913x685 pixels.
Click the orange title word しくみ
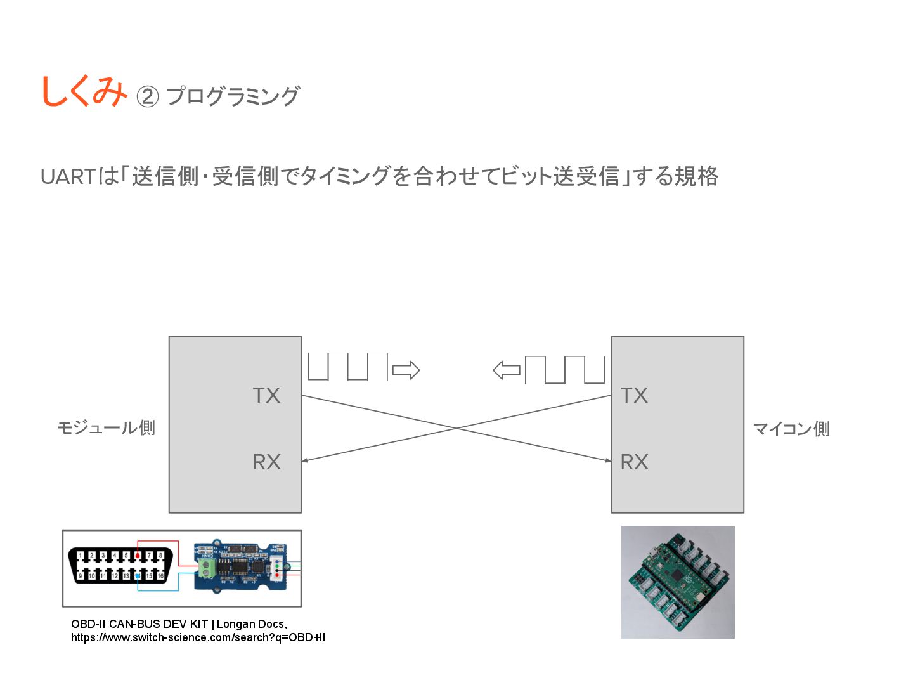(84, 91)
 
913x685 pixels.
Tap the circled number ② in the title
(147, 96)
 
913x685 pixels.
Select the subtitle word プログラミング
(232, 96)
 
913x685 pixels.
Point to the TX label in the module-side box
(266, 395)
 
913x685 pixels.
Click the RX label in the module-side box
(266, 462)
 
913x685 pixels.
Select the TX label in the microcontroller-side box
(634, 395)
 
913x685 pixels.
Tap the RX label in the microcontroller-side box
(634, 462)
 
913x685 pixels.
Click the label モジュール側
(106, 427)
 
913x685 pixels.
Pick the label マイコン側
(791, 429)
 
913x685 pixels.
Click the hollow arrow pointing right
(406, 370)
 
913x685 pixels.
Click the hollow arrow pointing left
(507, 370)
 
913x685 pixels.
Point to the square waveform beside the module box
(347, 367)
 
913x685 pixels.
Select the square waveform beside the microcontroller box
(565, 370)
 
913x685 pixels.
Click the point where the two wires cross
(456, 429)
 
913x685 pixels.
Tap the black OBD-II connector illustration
(120, 564)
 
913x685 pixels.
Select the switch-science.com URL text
(198, 637)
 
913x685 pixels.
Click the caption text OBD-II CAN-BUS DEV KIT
(139, 624)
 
